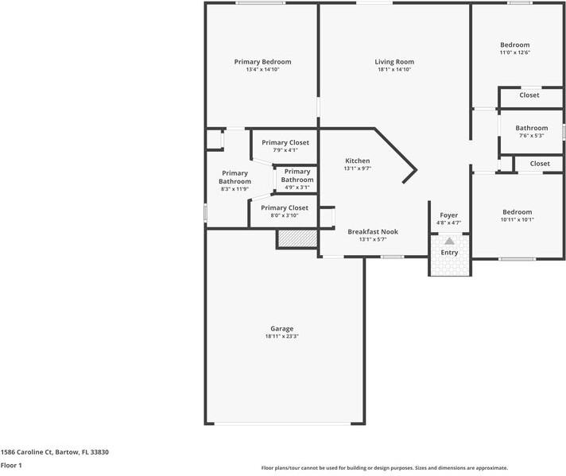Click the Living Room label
394,62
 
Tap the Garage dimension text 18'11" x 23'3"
281,336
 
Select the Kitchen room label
357,161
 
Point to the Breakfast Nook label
372,232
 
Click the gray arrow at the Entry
449,241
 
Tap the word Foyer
449,215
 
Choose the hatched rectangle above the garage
297,238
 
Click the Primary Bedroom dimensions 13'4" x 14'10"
262,70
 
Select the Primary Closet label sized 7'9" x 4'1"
285,143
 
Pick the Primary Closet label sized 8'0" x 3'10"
285,207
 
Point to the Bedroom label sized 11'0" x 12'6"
514,45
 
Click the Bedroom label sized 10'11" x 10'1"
517,212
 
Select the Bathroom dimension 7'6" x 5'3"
531,135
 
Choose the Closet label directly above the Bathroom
529,95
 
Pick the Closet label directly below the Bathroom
540,164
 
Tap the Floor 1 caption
11,466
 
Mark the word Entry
449,253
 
